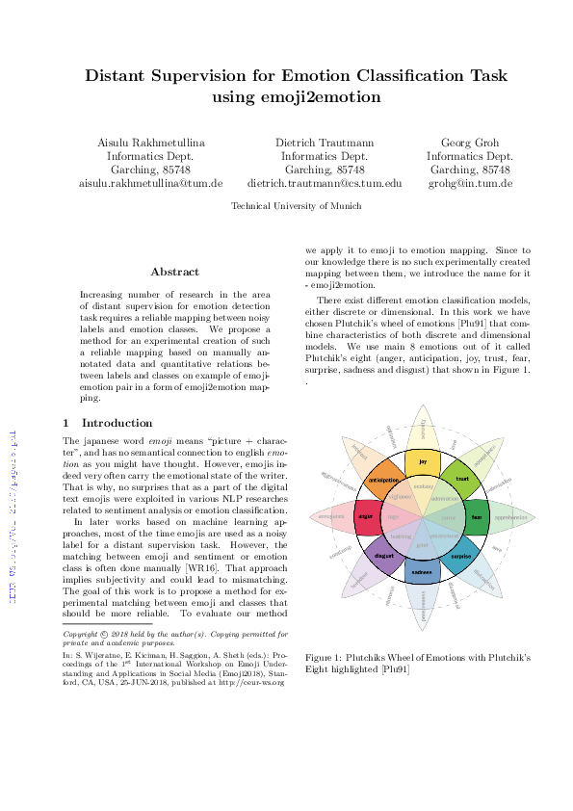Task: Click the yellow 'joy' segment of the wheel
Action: tap(422, 462)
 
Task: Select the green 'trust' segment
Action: tap(461, 479)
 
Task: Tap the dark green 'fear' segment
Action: tap(476, 517)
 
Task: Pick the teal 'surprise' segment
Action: tap(460, 556)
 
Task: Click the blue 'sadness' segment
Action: tap(422, 571)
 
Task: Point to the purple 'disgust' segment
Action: tap(383, 556)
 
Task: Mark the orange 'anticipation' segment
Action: tap(383, 479)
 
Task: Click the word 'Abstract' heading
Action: tap(174, 272)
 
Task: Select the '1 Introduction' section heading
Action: tap(107, 422)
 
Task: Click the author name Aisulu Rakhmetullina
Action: tap(150, 142)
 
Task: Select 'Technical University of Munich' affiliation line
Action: tap(297, 206)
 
